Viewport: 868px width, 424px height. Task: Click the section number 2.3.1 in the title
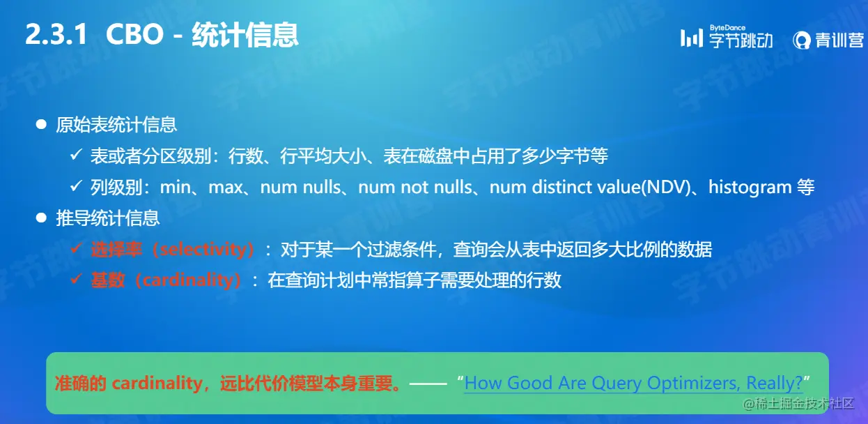coord(56,35)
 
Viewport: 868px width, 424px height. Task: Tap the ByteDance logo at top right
coord(727,38)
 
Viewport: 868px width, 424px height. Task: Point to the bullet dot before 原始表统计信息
coord(41,125)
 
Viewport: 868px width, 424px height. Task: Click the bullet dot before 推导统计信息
coord(41,218)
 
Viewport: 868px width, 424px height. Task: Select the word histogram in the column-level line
coord(750,187)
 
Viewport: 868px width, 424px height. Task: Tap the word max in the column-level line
coord(225,187)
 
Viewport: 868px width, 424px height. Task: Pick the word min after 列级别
coord(175,187)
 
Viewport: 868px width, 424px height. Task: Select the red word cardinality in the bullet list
coord(187,280)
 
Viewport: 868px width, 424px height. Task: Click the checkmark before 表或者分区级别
coord(77,156)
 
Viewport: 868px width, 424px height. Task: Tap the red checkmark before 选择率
coord(77,249)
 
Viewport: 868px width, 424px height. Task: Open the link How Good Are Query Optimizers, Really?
coord(633,383)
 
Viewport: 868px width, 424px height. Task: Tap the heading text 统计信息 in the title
coord(245,35)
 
